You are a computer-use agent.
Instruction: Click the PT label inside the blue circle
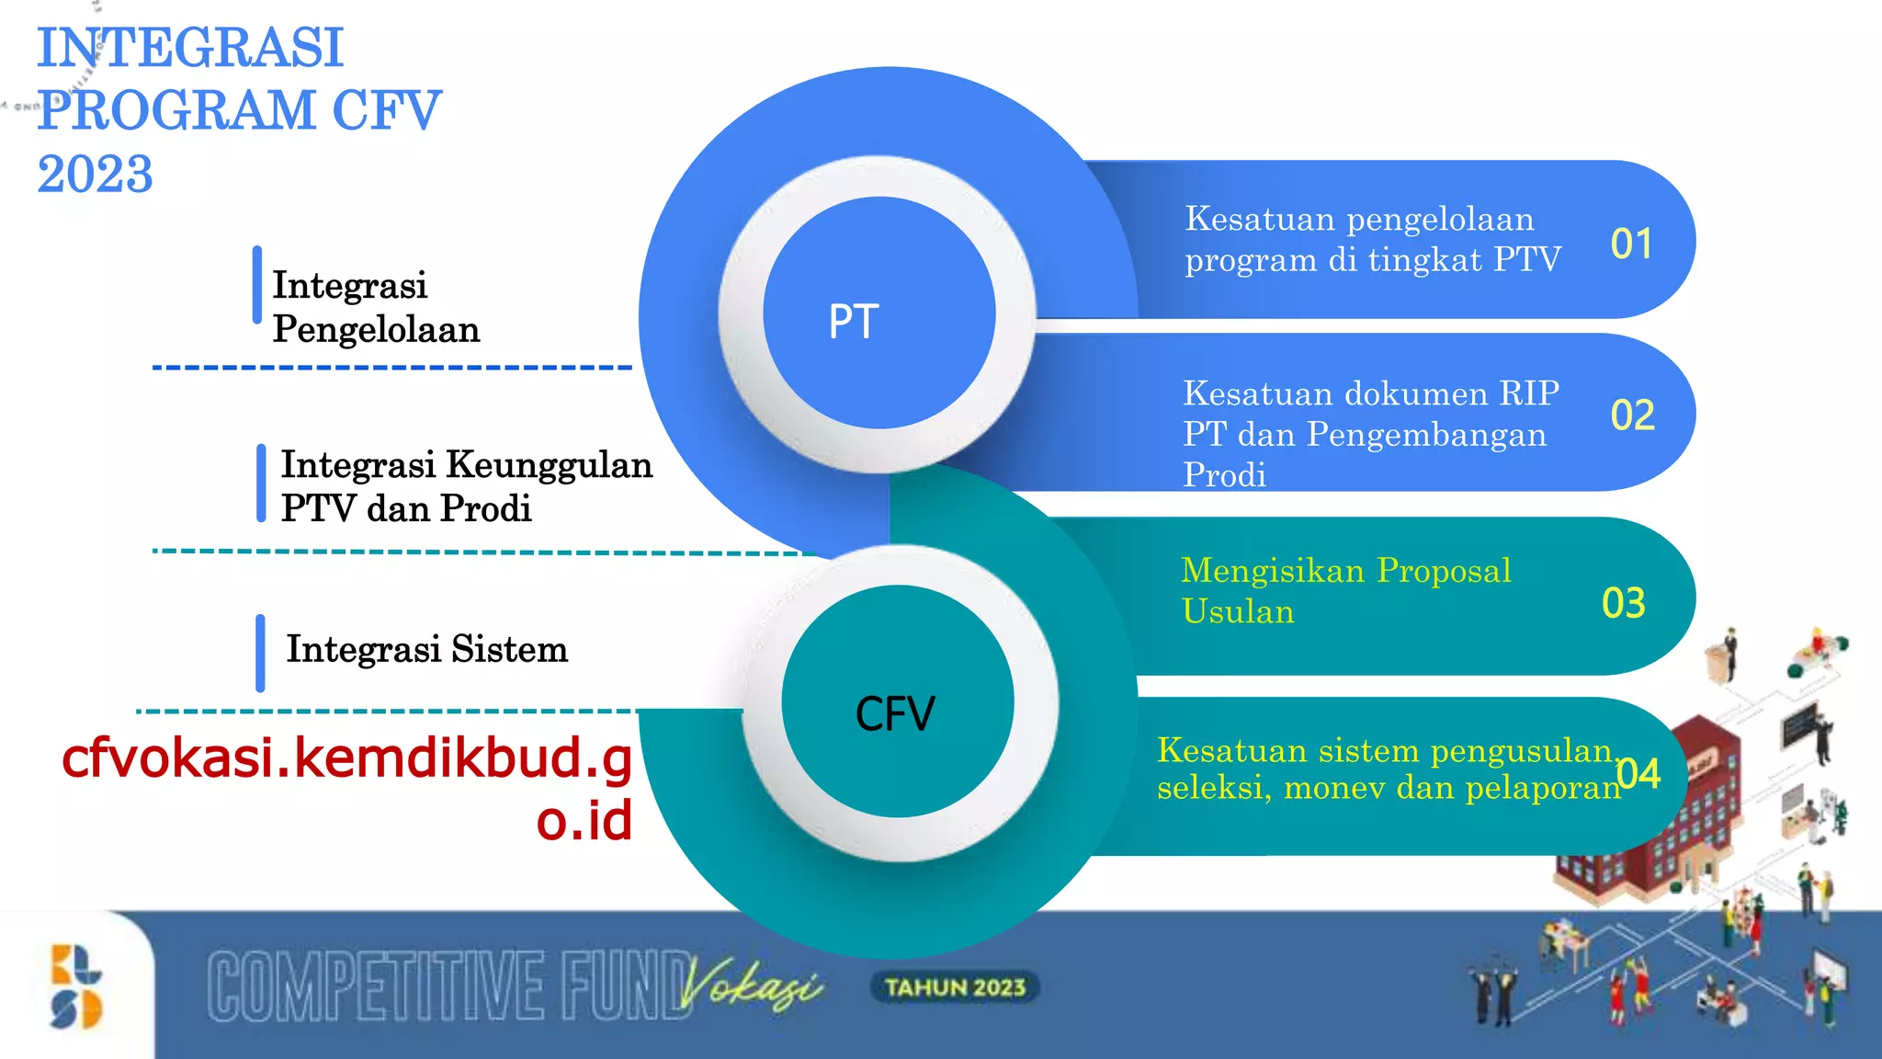854,322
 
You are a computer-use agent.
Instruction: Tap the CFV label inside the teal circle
895,714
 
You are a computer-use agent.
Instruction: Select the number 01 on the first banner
1631,245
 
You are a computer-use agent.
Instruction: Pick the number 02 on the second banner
1632,416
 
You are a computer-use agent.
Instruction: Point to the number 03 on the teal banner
1623,603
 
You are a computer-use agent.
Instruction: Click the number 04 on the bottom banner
1639,774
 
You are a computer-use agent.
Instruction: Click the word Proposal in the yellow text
1444,572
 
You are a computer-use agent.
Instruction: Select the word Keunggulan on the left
549,465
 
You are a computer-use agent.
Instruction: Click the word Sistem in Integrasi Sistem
509,649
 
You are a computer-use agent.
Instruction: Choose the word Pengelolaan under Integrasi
376,329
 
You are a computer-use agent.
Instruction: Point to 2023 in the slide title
95,174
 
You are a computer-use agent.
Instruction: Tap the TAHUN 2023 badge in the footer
955,987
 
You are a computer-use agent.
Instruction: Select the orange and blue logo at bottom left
76,986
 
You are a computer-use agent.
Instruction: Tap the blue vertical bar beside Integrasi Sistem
261,653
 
